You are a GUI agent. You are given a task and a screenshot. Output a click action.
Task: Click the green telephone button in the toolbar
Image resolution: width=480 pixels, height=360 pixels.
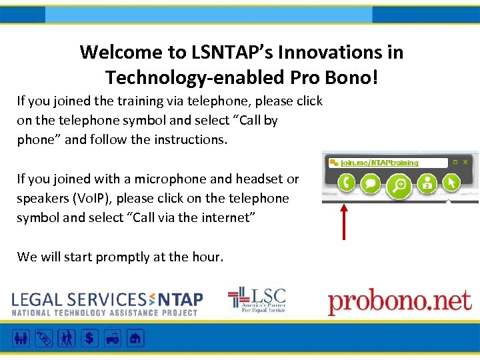(x=345, y=182)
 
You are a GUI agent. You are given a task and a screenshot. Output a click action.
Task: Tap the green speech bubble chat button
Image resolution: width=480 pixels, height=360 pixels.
(x=371, y=183)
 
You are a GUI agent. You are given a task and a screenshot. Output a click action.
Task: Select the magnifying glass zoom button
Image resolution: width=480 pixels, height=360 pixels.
(x=400, y=185)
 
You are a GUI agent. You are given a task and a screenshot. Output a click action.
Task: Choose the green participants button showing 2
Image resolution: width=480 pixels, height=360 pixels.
(x=427, y=183)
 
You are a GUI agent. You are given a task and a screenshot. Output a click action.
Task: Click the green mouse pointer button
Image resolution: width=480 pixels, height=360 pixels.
(x=451, y=182)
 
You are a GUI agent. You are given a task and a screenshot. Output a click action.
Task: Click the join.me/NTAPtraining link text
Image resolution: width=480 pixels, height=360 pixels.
(x=379, y=162)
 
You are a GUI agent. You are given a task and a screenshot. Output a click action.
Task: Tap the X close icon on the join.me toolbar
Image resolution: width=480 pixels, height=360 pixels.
(x=465, y=162)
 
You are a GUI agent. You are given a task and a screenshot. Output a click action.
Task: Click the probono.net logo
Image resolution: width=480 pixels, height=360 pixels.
(x=399, y=302)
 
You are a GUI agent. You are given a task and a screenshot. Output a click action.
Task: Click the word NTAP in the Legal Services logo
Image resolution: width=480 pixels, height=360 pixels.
(x=179, y=300)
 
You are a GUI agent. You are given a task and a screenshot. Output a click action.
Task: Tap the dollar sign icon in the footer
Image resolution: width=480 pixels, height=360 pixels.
(x=88, y=338)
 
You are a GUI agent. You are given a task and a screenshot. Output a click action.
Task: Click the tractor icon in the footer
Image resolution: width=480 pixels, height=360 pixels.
(x=112, y=338)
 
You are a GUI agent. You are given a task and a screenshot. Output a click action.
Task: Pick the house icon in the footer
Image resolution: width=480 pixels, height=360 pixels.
(x=135, y=338)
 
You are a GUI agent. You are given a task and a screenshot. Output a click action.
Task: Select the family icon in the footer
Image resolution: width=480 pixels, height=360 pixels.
(x=21, y=338)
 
